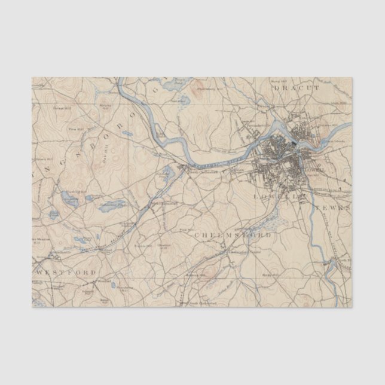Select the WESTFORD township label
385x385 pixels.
(x=65, y=272)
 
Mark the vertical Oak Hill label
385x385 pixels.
(x=118, y=157)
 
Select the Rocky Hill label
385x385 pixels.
(x=267, y=274)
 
